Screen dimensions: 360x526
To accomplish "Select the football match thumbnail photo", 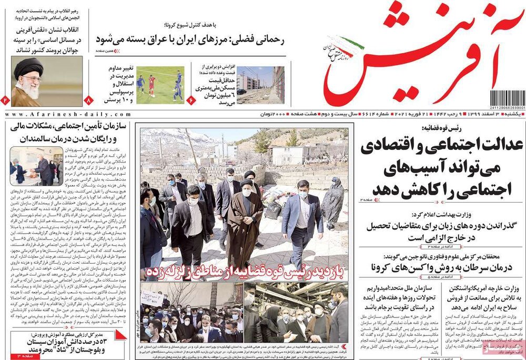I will [x=160, y=84].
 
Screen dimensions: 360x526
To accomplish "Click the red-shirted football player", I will [x=151, y=84].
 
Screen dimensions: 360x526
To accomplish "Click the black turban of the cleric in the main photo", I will [x=246, y=182].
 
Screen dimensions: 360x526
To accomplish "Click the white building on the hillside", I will [x=288, y=155].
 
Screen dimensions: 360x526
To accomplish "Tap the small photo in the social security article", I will [x=36, y=164].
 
